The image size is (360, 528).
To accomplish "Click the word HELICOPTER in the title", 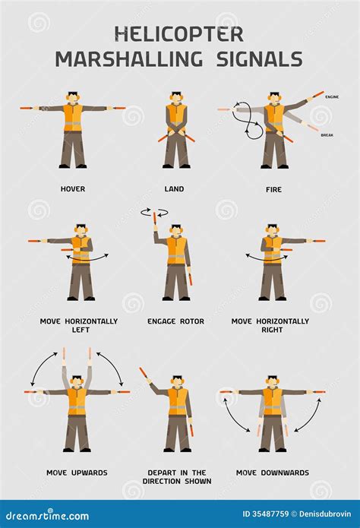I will click(x=179, y=33).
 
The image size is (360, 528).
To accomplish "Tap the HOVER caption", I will click(x=73, y=189).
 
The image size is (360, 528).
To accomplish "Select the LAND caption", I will click(x=174, y=189).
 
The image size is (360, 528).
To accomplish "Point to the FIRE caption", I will click(x=273, y=189).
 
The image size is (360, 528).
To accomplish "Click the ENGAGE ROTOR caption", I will click(x=175, y=321).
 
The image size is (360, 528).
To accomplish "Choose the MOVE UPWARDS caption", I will click(x=77, y=473).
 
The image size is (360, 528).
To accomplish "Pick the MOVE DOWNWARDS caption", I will click(x=272, y=473).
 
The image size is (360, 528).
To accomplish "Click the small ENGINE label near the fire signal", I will click(x=332, y=97).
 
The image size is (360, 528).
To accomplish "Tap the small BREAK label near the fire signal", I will click(x=327, y=135).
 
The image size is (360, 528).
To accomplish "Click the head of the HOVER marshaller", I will click(x=72, y=97).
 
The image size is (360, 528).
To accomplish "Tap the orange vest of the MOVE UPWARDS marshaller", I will click(x=77, y=401).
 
